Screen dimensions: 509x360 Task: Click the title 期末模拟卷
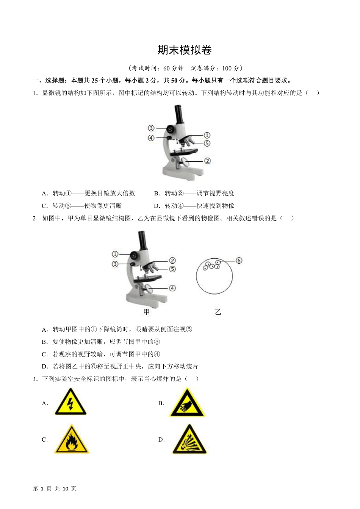tap(185, 50)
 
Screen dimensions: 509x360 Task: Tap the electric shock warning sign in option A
tap(70, 402)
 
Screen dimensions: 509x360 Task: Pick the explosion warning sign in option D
tap(189, 440)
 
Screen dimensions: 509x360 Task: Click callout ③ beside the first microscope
tap(151, 128)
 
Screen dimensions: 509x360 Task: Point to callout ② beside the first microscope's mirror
tap(207, 161)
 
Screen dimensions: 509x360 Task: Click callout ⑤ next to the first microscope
tap(207, 144)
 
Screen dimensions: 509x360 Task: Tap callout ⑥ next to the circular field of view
tap(239, 261)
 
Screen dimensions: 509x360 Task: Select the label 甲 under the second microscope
tap(147, 312)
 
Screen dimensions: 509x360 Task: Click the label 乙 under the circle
tap(218, 312)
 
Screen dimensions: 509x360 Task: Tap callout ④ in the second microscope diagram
tap(172, 288)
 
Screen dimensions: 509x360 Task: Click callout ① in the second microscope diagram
tap(115, 254)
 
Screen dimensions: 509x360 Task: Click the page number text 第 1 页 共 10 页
tap(55, 489)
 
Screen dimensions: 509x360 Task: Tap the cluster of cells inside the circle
tap(211, 265)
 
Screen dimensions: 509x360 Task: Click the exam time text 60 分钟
tap(173, 68)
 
